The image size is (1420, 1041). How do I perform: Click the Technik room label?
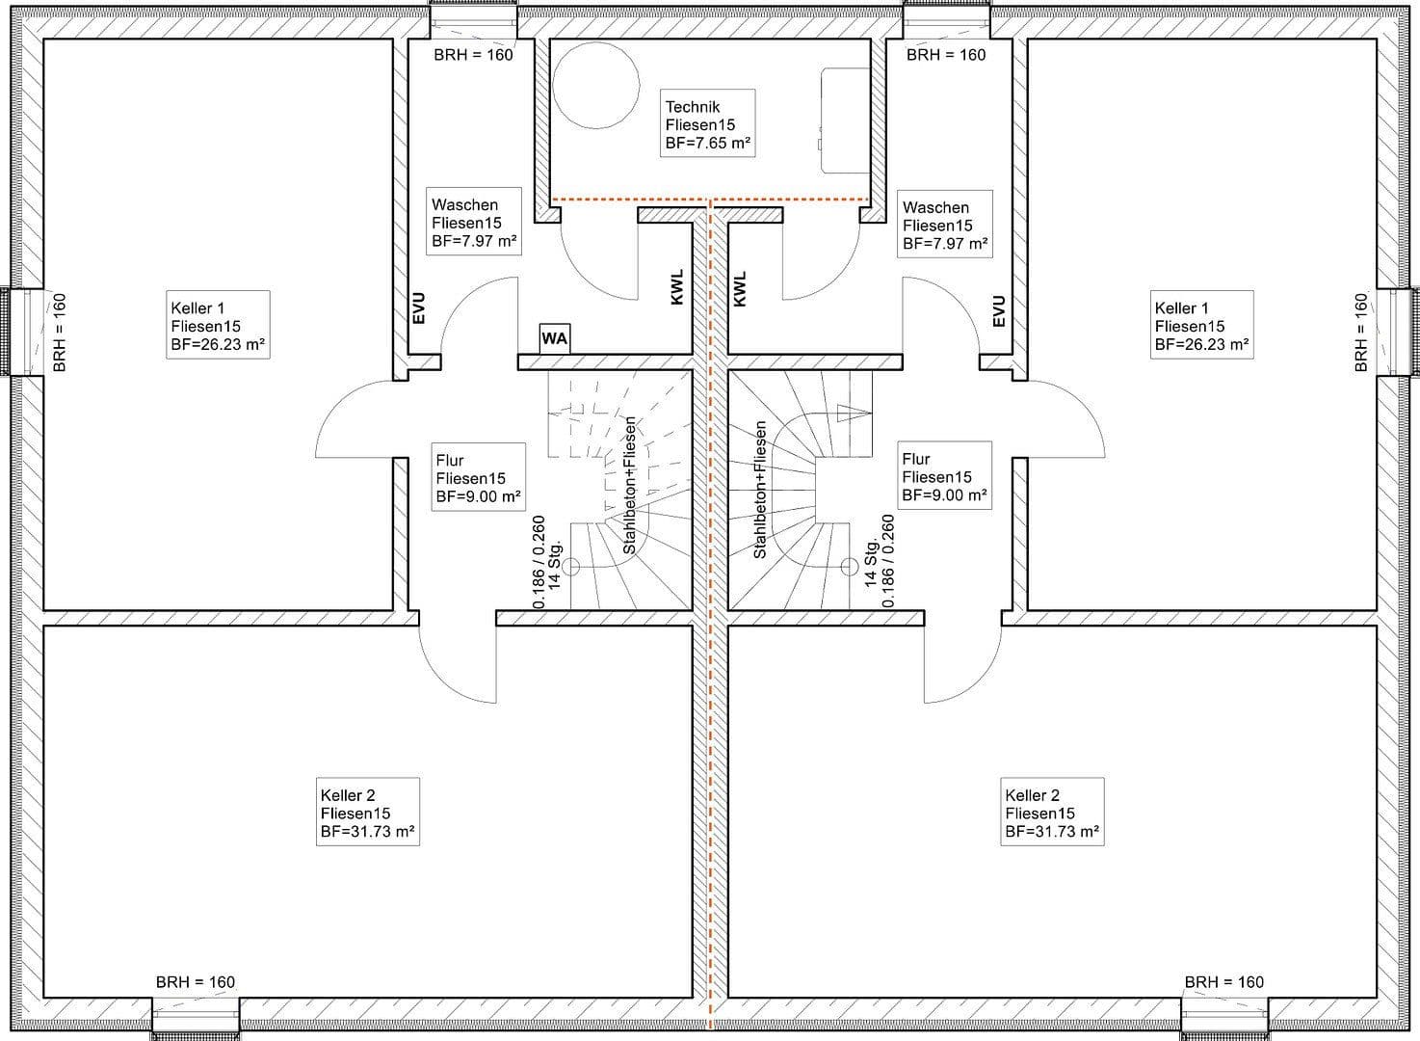[692, 107]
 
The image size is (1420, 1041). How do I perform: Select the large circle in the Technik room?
[595, 85]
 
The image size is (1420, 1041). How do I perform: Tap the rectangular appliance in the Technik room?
[844, 121]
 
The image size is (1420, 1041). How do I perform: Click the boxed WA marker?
[554, 338]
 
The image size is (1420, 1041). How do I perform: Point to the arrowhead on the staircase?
[853, 414]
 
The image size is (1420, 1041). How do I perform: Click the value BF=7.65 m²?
[708, 143]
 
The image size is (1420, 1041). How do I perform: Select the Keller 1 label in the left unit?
[197, 308]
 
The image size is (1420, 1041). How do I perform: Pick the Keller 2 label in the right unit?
[1032, 795]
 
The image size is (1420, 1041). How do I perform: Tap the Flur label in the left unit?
[449, 461]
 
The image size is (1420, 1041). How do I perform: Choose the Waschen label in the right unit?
[935, 207]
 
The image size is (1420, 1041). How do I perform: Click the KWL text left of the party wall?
[676, 287]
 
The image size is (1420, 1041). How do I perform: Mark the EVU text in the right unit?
[999, 310]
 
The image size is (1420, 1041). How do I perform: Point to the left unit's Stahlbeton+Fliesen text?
[629, 486]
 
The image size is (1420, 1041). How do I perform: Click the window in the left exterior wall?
[21, 332]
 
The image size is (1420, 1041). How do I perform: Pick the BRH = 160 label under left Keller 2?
[196, 982]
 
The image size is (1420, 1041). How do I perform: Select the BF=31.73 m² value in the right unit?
[1052, 831]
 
